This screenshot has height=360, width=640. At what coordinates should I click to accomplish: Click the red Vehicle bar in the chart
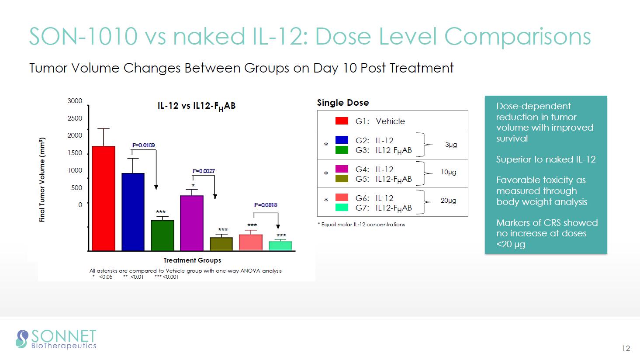(104, 198)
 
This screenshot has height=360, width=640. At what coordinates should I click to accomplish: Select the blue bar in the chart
(133, 212)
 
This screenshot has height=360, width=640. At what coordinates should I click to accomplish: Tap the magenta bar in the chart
(192, 223)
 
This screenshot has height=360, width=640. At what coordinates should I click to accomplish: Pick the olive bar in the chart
(221, 244)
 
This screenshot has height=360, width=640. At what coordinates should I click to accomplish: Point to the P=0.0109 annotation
(143, 145)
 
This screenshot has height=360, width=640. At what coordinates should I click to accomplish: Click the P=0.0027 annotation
(204, 171)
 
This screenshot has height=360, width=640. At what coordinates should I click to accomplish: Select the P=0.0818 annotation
(266, 205)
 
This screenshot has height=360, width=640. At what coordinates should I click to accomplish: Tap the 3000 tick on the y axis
(75, 101)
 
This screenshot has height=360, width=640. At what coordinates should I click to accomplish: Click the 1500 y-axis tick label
(75, 153)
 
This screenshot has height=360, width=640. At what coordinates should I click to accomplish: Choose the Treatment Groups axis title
(192, 260)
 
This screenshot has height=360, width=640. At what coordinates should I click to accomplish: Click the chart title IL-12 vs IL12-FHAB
(197, 106)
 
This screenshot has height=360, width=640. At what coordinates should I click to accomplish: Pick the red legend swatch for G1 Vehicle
(342, 121)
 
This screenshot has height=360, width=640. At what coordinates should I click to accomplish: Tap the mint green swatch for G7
(342, 208)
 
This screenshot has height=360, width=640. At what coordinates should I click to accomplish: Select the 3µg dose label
(451, 145)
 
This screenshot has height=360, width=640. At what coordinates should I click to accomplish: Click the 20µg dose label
(448, 201)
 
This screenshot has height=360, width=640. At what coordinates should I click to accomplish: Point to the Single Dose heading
(343, 103)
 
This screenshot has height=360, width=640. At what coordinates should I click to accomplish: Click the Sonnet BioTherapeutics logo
(56, 339)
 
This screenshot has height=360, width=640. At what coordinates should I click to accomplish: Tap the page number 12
(626, 348)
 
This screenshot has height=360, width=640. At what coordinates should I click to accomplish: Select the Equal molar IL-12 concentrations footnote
(361, 225)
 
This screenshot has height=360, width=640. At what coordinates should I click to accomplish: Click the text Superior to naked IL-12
(546, 159)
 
